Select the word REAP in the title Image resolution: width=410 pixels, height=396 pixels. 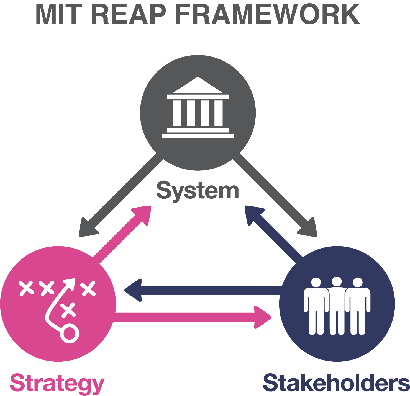tap(129, 15)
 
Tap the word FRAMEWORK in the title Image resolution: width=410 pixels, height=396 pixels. tap(267, 15)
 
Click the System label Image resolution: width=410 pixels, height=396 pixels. tap(198, 191)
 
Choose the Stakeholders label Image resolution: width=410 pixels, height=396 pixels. tap(336, 383)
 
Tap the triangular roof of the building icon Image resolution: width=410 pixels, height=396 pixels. tap(198, 86)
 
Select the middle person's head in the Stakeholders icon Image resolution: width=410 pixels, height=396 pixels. tap(337, 282)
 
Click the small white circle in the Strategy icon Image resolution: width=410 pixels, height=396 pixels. tap(70, 333)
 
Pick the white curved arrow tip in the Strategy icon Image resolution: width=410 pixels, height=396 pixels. tap(70, 284)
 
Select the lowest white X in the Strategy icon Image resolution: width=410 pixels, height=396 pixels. tap(68, 310)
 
